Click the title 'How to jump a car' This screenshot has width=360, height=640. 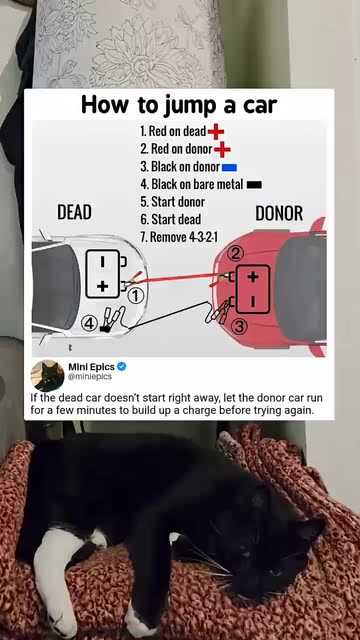[x=179, y=104]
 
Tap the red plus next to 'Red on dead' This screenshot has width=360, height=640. [x=216, y=132]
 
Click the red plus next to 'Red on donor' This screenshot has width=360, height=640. [x=222, y=150]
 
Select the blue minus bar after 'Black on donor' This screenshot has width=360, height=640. [x=229, y=167]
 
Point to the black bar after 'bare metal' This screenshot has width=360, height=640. [x=254, y=185]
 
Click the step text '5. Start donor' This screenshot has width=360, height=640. [x=173, y=202]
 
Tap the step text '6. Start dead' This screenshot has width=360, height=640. [x=171, y=219]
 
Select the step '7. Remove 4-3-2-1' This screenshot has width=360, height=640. [x=179, y=237]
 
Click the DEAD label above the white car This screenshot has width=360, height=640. [x=74, y=212]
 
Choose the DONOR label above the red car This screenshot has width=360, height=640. [x=279, y=213]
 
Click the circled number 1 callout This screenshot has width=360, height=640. [x=137, y=297]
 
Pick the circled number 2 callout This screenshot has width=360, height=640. [x=235, y=254]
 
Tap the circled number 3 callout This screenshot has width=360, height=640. [x=240, y=327]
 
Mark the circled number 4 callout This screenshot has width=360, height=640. [x=89, y=324]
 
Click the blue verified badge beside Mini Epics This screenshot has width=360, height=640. [x=122, y=367]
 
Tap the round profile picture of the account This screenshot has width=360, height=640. [x=47, y=376]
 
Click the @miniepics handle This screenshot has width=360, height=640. [x=90, y=377]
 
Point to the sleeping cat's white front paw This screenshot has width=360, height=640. [x=52, y=580]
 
